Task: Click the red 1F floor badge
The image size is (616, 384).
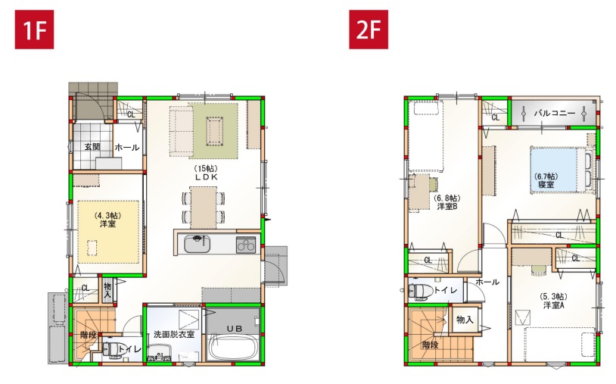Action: click(34, 30)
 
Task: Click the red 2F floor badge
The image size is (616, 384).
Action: click(369, 30)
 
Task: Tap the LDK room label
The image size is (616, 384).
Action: click(206, 173)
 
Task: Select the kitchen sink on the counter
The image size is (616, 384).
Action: click(197, 244)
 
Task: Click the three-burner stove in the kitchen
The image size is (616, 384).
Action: click(246, 245)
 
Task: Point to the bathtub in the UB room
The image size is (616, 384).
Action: click(232, 346)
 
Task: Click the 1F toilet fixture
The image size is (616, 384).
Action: click(112, 350)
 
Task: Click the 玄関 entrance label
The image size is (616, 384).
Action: click(92, 147)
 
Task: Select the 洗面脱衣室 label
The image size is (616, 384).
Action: click(174, 335)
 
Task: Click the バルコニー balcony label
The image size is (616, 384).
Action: click(554, 113)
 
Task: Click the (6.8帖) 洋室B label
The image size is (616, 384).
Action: click(447, 202)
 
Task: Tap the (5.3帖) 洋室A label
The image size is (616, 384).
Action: click(553, 301)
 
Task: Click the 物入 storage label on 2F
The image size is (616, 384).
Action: click(465, 320)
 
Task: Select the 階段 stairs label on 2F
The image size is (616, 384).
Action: click(430, 345)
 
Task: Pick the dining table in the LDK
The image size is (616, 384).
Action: click(203, 208)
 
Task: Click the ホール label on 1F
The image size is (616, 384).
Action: click(127, 148)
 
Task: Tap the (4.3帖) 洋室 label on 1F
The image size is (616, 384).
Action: click(107, 220)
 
